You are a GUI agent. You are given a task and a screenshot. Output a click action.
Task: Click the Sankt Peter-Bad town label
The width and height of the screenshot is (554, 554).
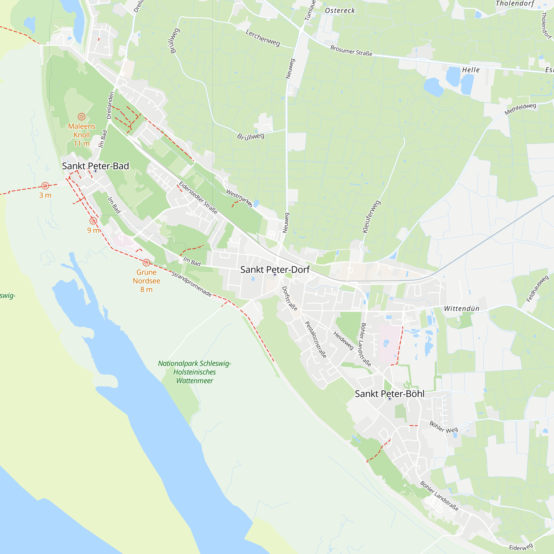(x=95, y=166)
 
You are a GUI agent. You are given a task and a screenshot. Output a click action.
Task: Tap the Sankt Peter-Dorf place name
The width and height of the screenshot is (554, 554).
(x=275, y=270)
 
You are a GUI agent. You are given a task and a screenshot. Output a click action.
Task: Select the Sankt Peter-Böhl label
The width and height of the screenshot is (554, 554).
(x=389, y=394)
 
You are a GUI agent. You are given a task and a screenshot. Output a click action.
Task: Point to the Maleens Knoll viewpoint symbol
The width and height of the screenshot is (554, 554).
(x=81, y=117)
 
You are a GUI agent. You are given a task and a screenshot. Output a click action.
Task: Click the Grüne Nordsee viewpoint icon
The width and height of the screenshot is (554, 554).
(x=146, y=262)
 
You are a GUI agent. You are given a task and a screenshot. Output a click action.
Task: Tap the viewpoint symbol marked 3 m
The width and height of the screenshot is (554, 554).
(x=45, y=186)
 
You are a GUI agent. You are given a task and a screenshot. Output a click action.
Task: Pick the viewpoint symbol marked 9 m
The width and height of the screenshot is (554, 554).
(x=93, y=221)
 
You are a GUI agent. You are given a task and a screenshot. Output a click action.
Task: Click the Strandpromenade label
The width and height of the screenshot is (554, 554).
(x=192, y=284)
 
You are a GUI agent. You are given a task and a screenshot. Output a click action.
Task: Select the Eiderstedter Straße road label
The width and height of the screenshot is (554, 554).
(x=198, y=198)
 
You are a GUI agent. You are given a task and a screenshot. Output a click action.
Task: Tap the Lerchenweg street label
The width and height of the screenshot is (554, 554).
(x=263, y=38)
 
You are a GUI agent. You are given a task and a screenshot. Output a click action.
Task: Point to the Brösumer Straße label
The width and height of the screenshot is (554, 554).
(x=351, y=51)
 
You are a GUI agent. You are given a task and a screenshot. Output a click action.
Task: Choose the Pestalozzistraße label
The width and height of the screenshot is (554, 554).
(x=316, y=340)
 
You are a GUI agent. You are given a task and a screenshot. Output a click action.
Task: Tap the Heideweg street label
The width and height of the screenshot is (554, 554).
(x=343, y=340)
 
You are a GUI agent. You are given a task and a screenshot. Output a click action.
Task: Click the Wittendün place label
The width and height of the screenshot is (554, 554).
(x=462, y=309)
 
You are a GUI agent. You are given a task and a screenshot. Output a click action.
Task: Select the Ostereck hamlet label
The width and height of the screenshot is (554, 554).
(x=340, y=11)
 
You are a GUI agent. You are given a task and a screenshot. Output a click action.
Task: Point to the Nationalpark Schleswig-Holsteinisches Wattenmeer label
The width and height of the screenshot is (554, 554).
(x=194, y=372)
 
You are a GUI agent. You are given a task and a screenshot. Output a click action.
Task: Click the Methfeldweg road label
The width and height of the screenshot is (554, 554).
(x=520, y=109)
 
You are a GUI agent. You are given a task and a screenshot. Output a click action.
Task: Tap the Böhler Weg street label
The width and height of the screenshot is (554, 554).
(x=443, y=427)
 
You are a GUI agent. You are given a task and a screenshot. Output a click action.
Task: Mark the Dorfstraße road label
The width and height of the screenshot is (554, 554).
(x=290, y=298)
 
